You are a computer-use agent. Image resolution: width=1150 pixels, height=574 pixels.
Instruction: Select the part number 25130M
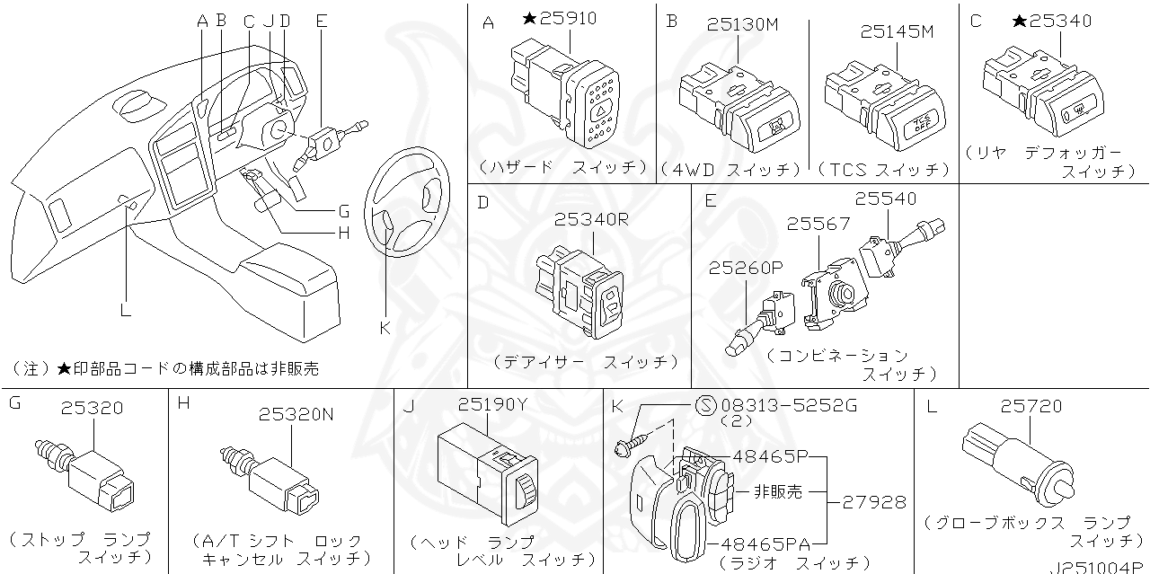coord(742,24)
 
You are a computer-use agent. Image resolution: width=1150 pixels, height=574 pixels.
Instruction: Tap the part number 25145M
coord(897,31)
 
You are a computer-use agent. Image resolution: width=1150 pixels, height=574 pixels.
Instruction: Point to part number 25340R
coord(590,218)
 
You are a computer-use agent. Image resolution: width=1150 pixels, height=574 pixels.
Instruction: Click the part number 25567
coord(818,224)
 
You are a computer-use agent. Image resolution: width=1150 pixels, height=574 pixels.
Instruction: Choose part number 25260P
coord(746,268)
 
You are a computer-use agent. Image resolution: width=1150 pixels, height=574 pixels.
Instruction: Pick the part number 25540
coord(885,199)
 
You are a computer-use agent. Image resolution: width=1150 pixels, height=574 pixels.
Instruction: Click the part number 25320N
coord(296,414)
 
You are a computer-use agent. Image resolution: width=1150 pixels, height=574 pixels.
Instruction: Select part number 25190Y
coord(492,405)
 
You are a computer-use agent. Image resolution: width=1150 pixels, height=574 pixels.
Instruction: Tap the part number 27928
coord(874,502)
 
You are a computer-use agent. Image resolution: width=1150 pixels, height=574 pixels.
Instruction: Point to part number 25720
coord(1031,407)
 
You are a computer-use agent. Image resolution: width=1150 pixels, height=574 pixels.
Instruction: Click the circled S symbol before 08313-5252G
coord(705,405)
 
